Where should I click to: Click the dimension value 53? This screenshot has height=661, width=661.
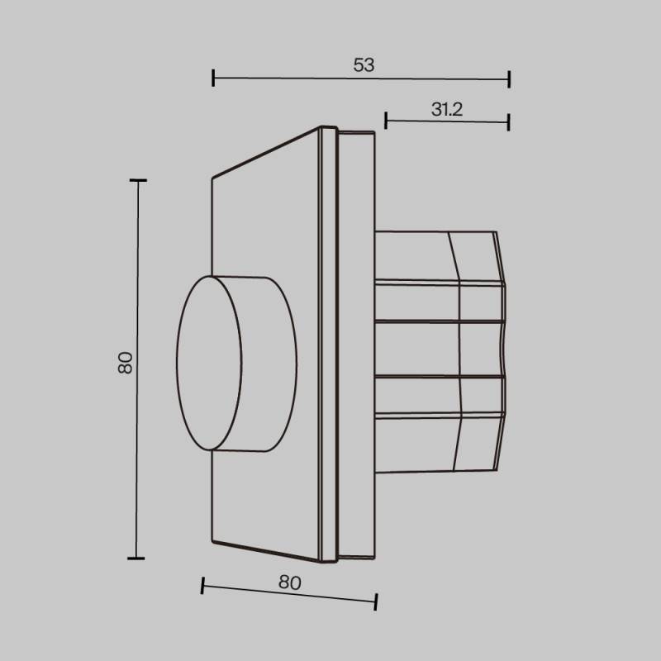click(x=364, y=65)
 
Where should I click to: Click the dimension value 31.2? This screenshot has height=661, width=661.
click(x=446, y=108)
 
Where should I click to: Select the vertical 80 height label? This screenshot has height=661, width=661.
click(x=125, y=362)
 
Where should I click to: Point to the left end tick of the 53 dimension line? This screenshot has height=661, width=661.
click(x=213, y=78)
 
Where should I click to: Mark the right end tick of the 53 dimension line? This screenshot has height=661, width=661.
click(x=509, y=79)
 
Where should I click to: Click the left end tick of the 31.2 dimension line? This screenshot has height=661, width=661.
click(x=386, y=121)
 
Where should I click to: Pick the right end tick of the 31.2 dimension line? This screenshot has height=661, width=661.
click(x=509, y=122)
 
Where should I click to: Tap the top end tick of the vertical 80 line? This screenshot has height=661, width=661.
click(x=137, y=180)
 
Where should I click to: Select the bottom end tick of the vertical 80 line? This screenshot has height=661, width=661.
click(x=137, y=559)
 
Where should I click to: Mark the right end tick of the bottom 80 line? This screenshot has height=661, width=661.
click(x=376, y=602)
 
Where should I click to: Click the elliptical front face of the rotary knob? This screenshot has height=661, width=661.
click(x=209, y=363)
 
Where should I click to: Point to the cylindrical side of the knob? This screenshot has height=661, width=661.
click(x=269, y=364)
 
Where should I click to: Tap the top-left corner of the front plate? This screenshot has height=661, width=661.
click(x=213, y=176)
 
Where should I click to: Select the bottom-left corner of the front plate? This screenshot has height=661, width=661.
click(x=213, y=544)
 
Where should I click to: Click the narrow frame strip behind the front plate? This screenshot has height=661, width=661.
click(x=328, y=347)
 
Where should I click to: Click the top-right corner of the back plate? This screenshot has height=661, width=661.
click(x=375, y=132)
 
